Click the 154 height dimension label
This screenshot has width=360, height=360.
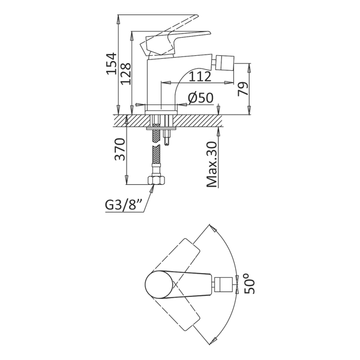(112, 64)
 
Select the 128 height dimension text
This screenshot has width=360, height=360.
(126, 74)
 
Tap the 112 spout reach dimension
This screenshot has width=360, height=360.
(200, 76)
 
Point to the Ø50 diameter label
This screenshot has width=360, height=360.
(200, 98)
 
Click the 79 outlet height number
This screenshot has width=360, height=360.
(243, 89)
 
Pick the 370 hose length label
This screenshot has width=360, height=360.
(121, 149)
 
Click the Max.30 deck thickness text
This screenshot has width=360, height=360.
(211, 164)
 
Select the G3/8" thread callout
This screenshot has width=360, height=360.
(124, 205)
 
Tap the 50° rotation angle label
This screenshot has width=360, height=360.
(250, 283)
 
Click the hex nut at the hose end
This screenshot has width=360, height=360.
(156, 179)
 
